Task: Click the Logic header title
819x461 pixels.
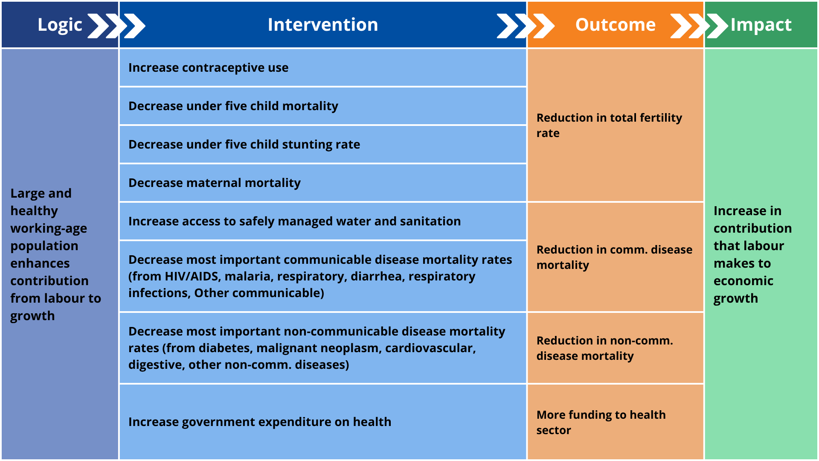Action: click(x=60, y=25)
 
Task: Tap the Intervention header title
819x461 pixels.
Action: click(x=322, y=25)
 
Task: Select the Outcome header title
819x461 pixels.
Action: click(x=615, y=25)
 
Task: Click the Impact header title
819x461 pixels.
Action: click(x=761, y=25)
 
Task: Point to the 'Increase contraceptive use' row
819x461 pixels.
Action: click(x=208, y=68)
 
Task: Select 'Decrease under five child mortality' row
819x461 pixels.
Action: click(x=233, y=106)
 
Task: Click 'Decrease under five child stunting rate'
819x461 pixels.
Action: click(x=244, y=145)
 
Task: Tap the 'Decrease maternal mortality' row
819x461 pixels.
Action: click(x=214, y=183)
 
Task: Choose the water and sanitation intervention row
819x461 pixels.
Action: click(x=294, y=222)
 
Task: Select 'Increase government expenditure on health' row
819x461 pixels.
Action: click(x=259, y=422)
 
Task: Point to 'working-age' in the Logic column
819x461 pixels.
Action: click(x=49, y=228)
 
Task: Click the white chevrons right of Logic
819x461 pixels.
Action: click(x=116, y=26)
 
